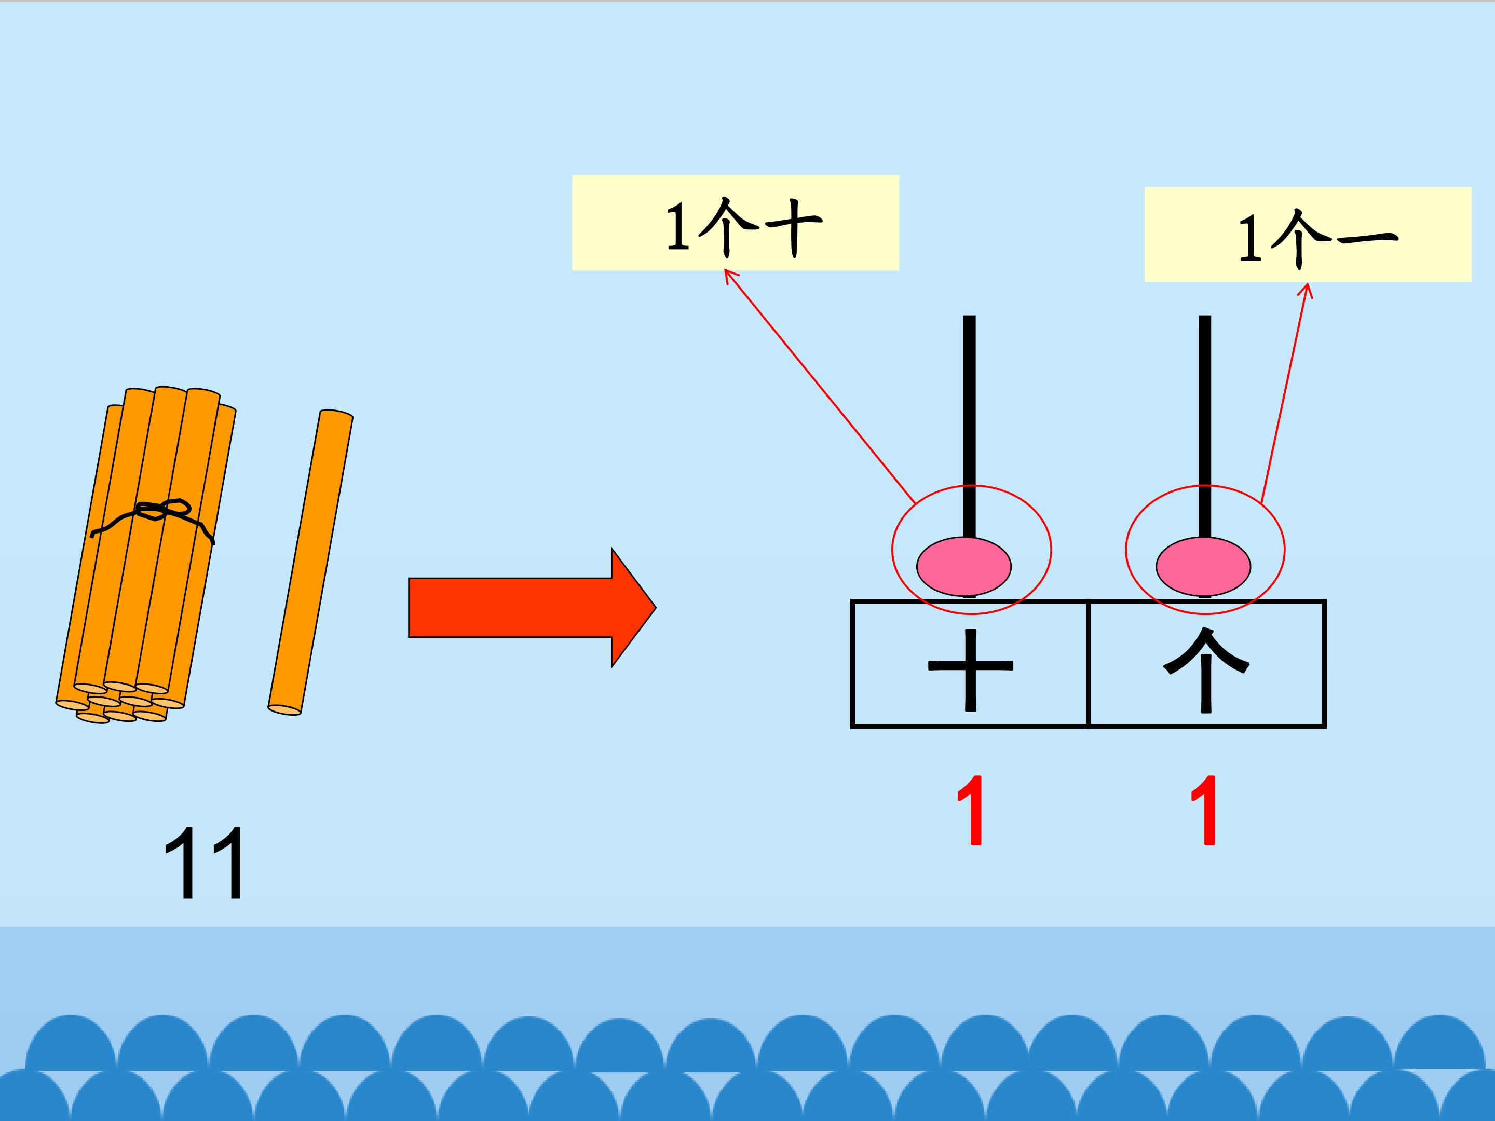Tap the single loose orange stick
click(311, 561)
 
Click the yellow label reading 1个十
click(736, 223)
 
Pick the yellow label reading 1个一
click(1307, 235)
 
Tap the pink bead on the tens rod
click(964, 566)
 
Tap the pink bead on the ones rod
click(1203, 566)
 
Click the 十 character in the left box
click(971, 669)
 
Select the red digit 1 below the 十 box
click(972, 811)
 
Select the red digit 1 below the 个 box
click(1205, 811)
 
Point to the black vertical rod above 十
click(969, 419)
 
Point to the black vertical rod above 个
click(1204, 419)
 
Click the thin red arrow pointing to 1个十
click(818, 385)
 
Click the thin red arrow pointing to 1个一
click(1284, 392)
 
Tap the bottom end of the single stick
click(284, 709)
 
